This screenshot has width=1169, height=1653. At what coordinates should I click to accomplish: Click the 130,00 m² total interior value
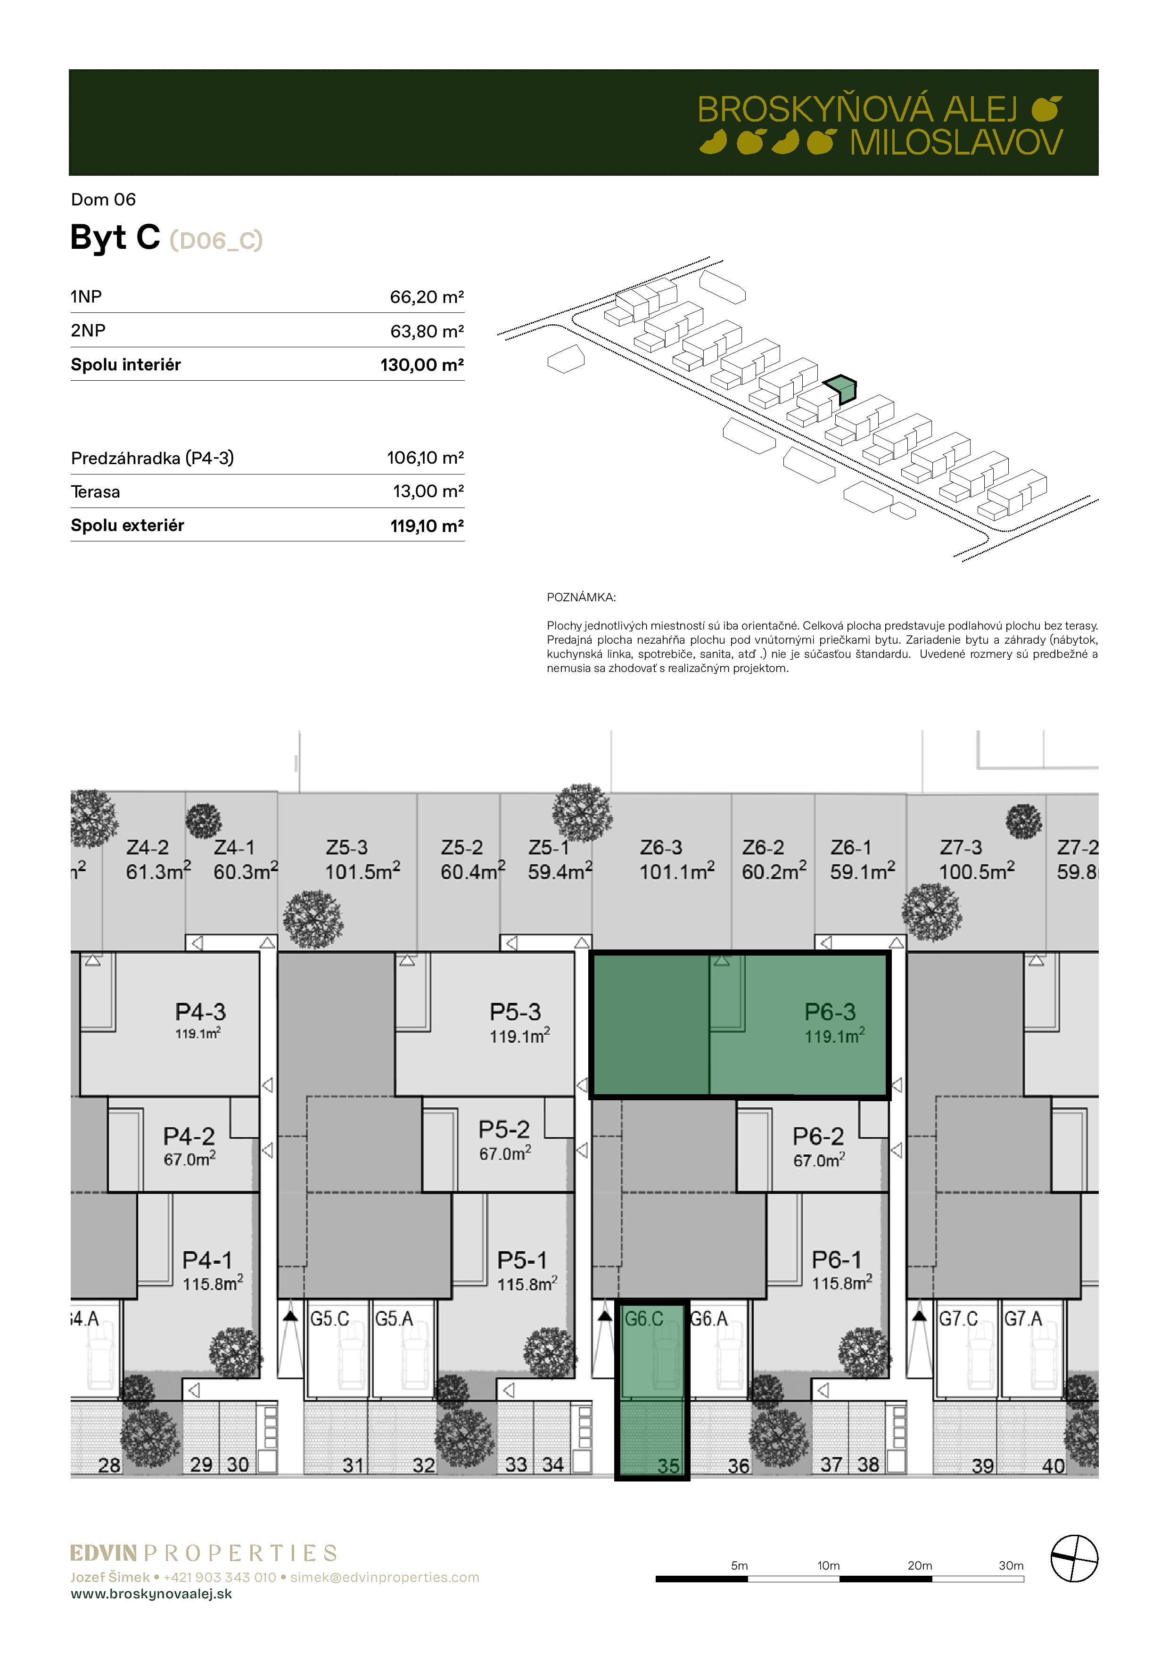422,365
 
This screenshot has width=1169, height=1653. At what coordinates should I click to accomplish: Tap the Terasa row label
96,492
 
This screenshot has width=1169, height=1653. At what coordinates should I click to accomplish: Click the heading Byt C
115,237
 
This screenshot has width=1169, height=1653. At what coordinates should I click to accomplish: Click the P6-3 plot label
830,1012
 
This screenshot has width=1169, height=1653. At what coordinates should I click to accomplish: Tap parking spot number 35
668,1466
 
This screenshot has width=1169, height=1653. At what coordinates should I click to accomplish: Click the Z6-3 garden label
661,847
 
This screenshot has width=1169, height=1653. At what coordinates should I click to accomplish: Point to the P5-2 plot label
504,1129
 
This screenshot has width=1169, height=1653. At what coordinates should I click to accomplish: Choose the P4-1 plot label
207,1260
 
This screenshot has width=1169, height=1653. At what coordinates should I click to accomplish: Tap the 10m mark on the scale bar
828,1565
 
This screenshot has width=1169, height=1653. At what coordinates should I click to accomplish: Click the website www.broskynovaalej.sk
151,1593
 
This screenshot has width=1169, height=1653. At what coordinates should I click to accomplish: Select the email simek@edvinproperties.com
385,1577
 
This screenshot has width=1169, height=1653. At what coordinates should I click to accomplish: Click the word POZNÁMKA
581,597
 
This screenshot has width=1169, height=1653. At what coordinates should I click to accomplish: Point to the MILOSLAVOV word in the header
956,143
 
